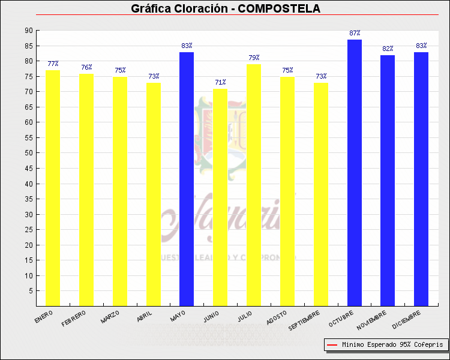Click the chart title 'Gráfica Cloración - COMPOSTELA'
coord(226,8)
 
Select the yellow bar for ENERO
coord(53,188)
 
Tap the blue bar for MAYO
coord(187,179)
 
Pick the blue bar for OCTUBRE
coord(355,173)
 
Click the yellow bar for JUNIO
coord(220,197)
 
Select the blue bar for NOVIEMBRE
coord(388,181)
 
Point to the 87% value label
coord(355,33)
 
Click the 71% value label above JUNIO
coord(220,82)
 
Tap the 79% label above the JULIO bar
coord(254,58)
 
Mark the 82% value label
coord(388,49)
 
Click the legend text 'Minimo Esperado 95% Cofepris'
coord(393,345)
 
